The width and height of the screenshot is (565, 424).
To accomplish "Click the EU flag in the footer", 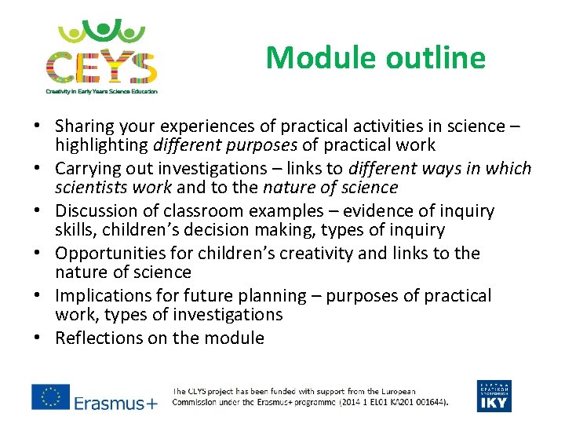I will point(50,396).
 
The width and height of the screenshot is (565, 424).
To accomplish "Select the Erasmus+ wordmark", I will point(116,403).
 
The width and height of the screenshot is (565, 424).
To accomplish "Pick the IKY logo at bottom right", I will point(494,396).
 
